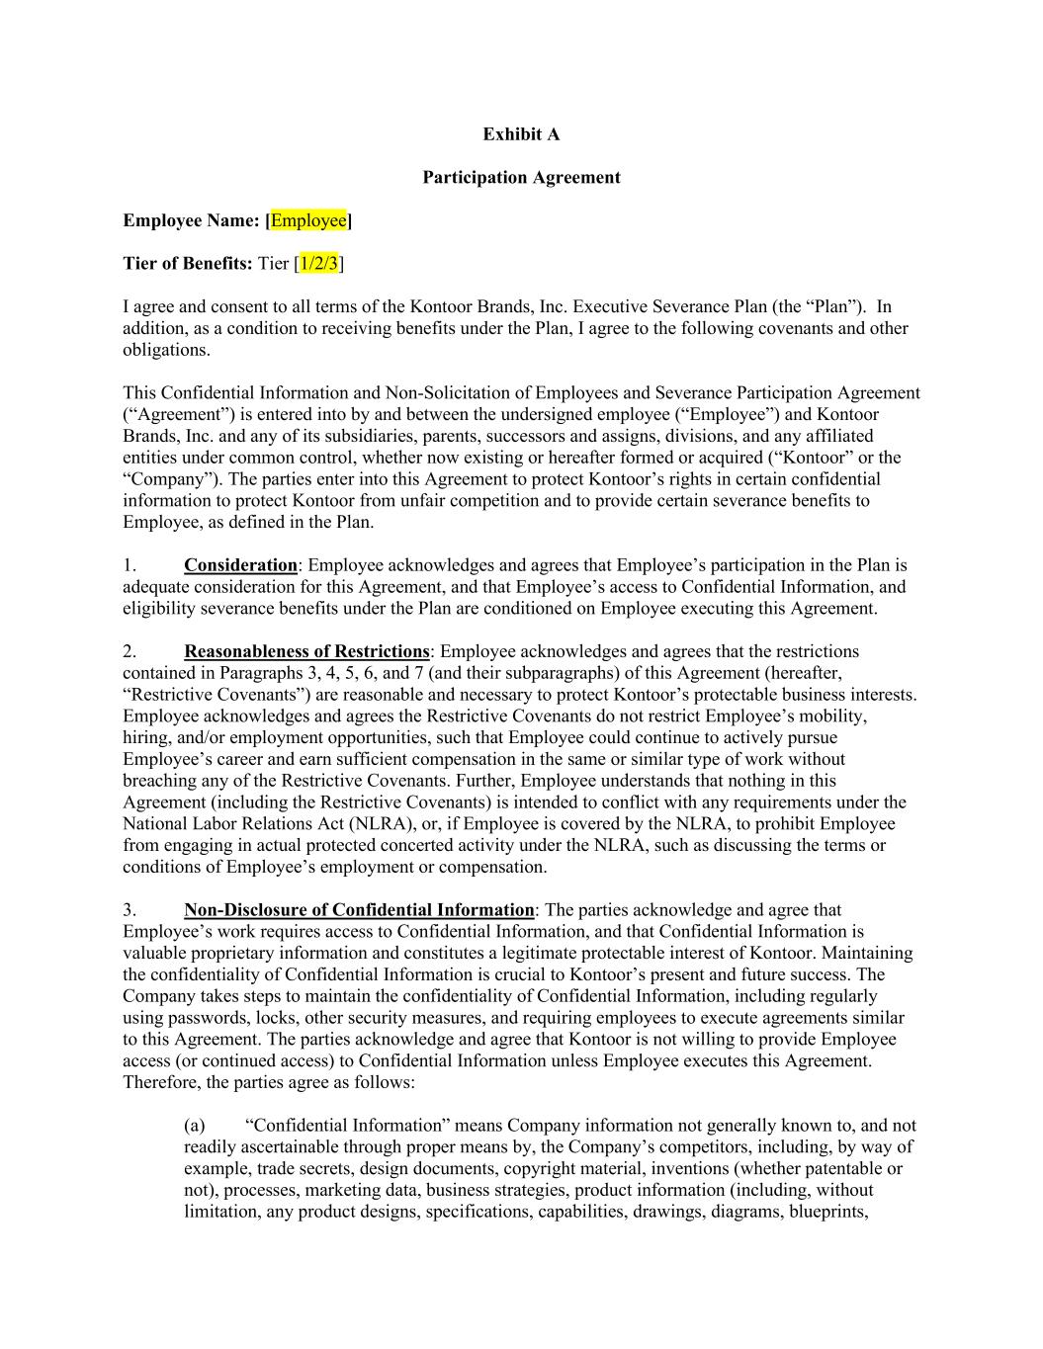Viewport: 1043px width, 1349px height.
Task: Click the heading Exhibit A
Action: (521, 133)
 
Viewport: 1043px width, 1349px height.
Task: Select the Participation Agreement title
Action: (521, 177)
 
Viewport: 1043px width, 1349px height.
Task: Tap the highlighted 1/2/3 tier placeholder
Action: (319, 263)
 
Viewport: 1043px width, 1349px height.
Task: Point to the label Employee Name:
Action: (191, 220)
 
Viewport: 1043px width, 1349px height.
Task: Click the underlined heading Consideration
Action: (240, 565)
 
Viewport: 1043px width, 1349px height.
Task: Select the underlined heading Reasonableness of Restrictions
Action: (306, 651)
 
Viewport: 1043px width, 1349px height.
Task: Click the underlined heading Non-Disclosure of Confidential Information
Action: (359, 909)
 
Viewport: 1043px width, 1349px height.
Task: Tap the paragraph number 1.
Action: (129, 565)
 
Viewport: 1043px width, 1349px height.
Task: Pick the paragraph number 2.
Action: (129, 651)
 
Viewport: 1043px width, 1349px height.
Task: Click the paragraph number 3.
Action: (129, 909)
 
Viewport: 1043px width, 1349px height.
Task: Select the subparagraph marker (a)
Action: (195, 1125)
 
